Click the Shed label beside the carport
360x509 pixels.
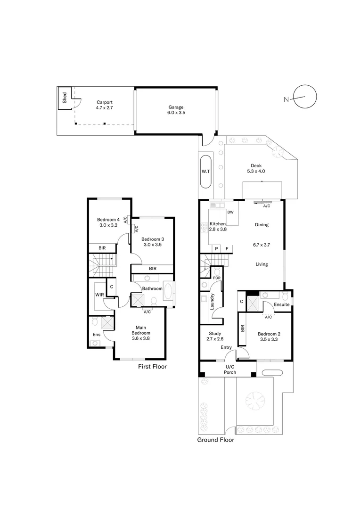pyautogui.click(x=64, y=98)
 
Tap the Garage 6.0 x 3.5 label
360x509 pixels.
pyautogui.click(x=176, y=110)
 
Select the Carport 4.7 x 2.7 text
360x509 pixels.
pyautogui.click(x=105, y=105)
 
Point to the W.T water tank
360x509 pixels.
pyautogui.click(x=205, y=171)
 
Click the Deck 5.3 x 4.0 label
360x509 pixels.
pyautogui.click(x=256, y=168)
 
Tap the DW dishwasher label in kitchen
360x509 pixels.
pyautogui.click(x=230, y=213)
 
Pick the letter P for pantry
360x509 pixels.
pyautogui.click(x=216, y=249)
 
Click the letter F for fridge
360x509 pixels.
pyautogui.click(x=227, y=249)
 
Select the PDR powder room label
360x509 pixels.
pyautogui.click(x=217, y=278)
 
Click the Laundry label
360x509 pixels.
pyautogui.click(x=213, y=302)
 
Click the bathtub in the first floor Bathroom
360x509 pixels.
pyautogui.click(x=168, y=291)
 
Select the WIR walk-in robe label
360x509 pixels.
pyautogui.click(x=99, y=295)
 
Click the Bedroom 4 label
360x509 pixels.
pyautogui.click(x=108, y=222)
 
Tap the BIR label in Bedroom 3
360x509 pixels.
pyautogui.click(x=152, y=269)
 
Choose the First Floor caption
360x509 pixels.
pyautogui.click(x=152, y=366)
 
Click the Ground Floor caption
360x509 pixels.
pyautogui.click(x=215, y=440)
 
